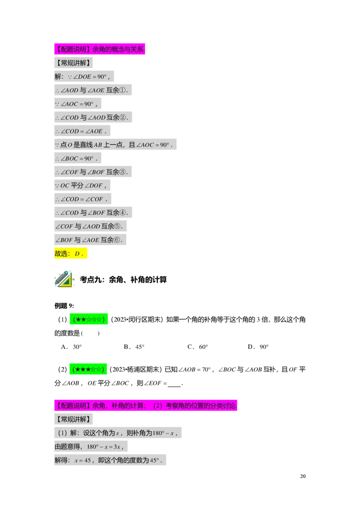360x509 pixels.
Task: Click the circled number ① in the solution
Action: (x=123, y=90)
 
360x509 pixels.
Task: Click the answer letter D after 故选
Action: (x=77, y=254)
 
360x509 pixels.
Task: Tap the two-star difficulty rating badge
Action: (x=89, y=320)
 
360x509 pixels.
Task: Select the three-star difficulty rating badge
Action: (x=88, y=370)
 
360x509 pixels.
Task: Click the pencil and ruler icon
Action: (x=63, y=279)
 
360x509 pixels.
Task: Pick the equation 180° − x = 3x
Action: (x=103, y=447)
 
